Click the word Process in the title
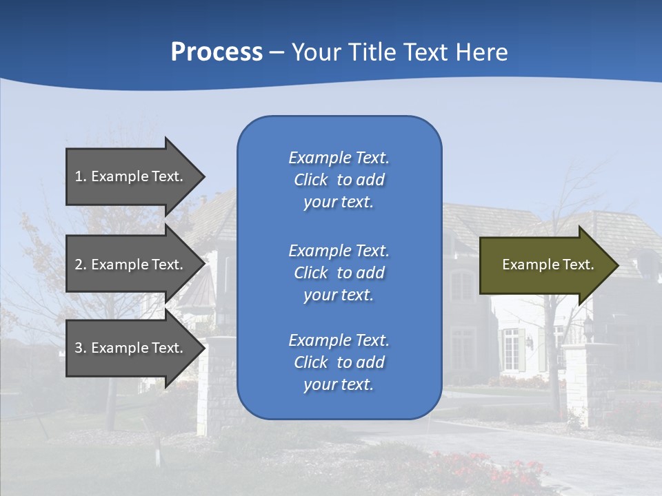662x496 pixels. (217, 52)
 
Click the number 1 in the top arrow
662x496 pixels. (78, 176)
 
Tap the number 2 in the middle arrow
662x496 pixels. (79, 265)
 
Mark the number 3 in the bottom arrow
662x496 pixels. (79, 348)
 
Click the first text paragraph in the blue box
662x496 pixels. (339, 180)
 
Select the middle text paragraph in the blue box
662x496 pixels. (339, 273)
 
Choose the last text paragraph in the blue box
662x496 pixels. (339, 362)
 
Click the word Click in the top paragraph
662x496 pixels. (310, 180)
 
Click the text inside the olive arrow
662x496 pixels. (548, 265)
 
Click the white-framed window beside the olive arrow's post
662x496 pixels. (510, 348)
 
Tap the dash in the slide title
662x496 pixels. (277, 52)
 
